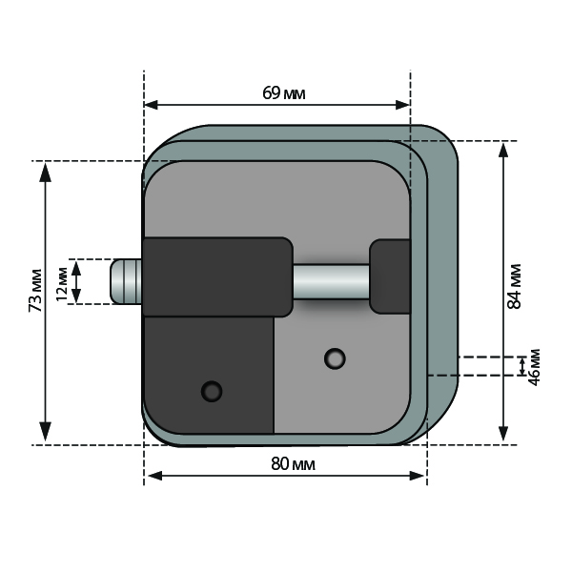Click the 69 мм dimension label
coord(284,93)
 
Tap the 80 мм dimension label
coord(293,464)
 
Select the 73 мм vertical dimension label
coord(36,291)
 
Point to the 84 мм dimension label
coord(515,286)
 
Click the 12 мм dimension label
coord(62,284)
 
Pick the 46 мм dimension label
coord(534,367)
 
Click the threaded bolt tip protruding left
coord(126,281)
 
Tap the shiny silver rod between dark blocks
coord(331,281)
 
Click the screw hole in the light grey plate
coord(335,358)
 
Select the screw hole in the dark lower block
coord(212,392)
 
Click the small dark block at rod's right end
coord(390,276)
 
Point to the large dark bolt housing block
coord(217,276)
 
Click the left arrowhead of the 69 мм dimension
coord(152,105)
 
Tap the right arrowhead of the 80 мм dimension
coord(417,476)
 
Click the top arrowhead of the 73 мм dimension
coord(45,173)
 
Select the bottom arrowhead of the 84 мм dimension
coord(503,432)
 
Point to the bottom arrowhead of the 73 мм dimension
coord(45,432)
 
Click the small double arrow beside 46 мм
coord(522,366)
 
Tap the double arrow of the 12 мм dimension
coord(76,281)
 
